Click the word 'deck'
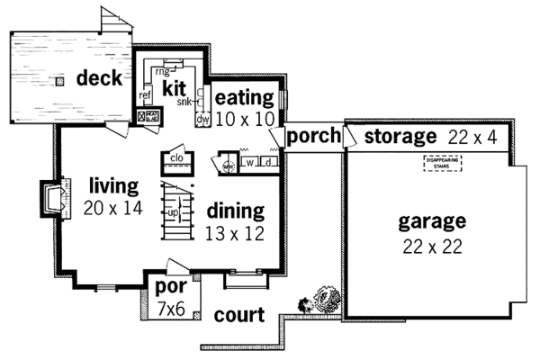tap(99, 79)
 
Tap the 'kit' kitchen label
tap(174, 89)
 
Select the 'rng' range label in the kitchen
tap(163, 71)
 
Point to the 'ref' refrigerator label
tap(145, 94)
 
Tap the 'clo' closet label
tap(175, 157)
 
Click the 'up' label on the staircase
tap(171, 213)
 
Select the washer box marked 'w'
tap(249, 163)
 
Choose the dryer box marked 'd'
tap(267, 163)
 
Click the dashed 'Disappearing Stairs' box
tap(441, 164)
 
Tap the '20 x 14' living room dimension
tap(112, 206)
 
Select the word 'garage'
tap(434, 221)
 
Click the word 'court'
tap(239, 316)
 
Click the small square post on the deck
tap(58, 82)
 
